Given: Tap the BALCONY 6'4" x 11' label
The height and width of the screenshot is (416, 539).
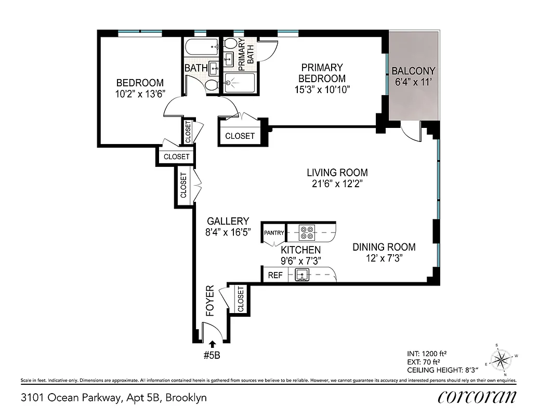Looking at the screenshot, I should [413, 71].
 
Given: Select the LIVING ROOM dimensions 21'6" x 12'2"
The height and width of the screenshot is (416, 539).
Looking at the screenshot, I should [337, 184].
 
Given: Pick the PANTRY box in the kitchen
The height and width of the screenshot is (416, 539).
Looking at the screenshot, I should [274, 232].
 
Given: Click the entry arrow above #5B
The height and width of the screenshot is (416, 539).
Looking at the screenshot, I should [212, 344].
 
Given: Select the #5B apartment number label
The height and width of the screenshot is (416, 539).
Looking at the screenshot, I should [213, 355].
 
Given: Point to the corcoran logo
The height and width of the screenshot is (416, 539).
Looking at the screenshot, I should [477, 397].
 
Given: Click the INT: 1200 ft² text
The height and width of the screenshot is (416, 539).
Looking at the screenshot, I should [428, 354].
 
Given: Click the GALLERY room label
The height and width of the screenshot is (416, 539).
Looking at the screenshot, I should [228, 221].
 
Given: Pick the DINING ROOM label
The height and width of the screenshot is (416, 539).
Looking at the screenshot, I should [384, 247].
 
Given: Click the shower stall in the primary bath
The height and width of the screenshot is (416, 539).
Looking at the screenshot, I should [240, 82].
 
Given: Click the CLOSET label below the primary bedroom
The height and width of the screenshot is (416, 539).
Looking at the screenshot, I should [240, 136].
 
